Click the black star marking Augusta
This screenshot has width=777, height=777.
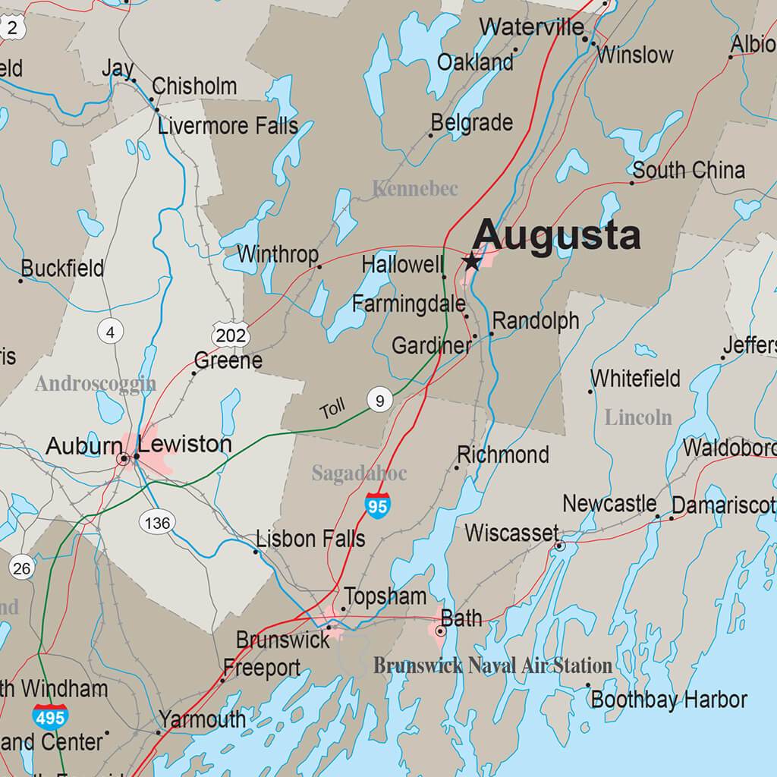471,262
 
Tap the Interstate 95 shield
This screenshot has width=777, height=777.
377,505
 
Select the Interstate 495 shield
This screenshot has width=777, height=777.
50,716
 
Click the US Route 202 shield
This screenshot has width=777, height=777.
230,335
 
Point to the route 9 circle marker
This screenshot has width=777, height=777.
379,400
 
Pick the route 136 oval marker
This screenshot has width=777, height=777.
156,522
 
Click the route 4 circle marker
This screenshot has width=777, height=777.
110,332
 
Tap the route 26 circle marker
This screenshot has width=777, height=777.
21,568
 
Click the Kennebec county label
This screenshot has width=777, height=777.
415,189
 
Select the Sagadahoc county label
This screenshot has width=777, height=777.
359,474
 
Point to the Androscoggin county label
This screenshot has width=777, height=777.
95,384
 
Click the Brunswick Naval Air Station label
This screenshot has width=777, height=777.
492,666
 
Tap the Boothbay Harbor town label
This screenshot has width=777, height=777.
668,700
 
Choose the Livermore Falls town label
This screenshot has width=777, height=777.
228,126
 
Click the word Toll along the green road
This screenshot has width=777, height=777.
332,410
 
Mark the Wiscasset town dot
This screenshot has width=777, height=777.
560,546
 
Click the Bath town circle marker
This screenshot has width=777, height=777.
441,631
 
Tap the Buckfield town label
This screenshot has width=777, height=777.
62,269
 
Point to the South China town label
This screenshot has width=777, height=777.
688,171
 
